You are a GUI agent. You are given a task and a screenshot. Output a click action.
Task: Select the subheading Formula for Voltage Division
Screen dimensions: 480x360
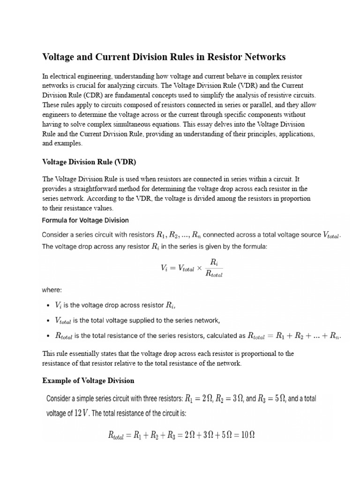pos(85,220)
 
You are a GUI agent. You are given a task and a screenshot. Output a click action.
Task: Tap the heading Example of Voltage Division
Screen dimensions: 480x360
pos(88,380)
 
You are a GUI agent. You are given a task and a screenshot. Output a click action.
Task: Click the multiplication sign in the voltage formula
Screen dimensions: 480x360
pos(199,269)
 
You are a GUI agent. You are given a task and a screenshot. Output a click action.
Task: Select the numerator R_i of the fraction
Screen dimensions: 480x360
pos(214,263)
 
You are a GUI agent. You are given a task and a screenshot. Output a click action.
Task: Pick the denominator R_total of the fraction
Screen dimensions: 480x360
pos(214,275)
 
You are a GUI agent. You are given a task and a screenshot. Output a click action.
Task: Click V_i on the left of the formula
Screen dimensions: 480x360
pos(165,269)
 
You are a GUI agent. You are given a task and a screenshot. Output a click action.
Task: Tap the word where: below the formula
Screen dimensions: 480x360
pos(52,290)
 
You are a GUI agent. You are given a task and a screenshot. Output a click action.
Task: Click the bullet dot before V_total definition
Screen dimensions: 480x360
pos(49,321)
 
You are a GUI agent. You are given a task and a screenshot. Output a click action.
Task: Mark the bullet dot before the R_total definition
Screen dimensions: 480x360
pos(49,336)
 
